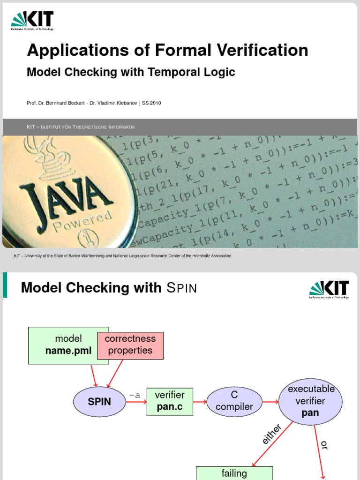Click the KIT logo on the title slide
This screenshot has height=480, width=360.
(x=32, y=21)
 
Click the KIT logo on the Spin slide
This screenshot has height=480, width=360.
(x=329, y=289)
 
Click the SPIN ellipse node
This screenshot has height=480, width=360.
(x=99, y=402)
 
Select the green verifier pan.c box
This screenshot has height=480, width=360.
(x=170, y=401)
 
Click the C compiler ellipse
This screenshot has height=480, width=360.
(x=234, y=401)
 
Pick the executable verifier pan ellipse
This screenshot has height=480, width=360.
(x=311, y=401)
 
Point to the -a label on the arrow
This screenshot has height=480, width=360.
(x=135, y=395)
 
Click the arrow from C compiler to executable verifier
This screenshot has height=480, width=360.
(x=269, y=402)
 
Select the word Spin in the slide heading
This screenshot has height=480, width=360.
(x=182, y=288)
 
